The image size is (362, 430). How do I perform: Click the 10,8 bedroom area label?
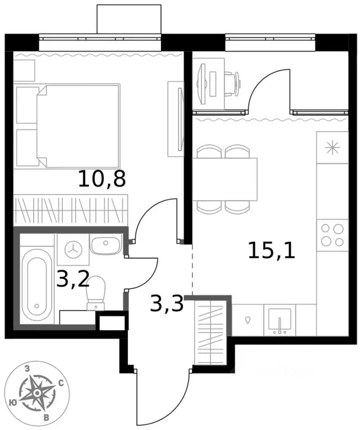click(x=102, y=179)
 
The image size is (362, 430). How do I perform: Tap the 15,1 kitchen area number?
click(x=272, y=251)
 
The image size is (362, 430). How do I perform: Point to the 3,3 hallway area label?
click(x=167, y=304)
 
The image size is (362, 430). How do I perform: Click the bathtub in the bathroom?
click(x=37, y=285)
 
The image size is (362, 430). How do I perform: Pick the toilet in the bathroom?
click(x=96, y=293)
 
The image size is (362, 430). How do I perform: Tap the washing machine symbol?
click(x=74, y=249)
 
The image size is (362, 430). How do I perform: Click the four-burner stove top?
click(x=332, y=235)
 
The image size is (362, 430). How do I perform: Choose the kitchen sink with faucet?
click(x=279, y=320)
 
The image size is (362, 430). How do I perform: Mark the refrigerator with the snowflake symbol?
click(x=332, y=148)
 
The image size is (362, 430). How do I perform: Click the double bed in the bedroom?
click(x=68, y=126)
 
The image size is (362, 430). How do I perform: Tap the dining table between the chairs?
click(x=224, y=179)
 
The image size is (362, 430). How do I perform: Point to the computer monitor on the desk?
click(x=202, y=84)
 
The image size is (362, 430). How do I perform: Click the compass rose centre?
click(x=37, y=394)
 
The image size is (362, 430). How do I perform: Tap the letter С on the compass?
click(x=61, y=383)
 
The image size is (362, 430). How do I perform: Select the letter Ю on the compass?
click(x=12, y=403)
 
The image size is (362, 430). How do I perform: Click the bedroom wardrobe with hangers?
click(x=71, y=209)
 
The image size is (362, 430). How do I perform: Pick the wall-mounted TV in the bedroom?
click(x=180, y=119)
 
